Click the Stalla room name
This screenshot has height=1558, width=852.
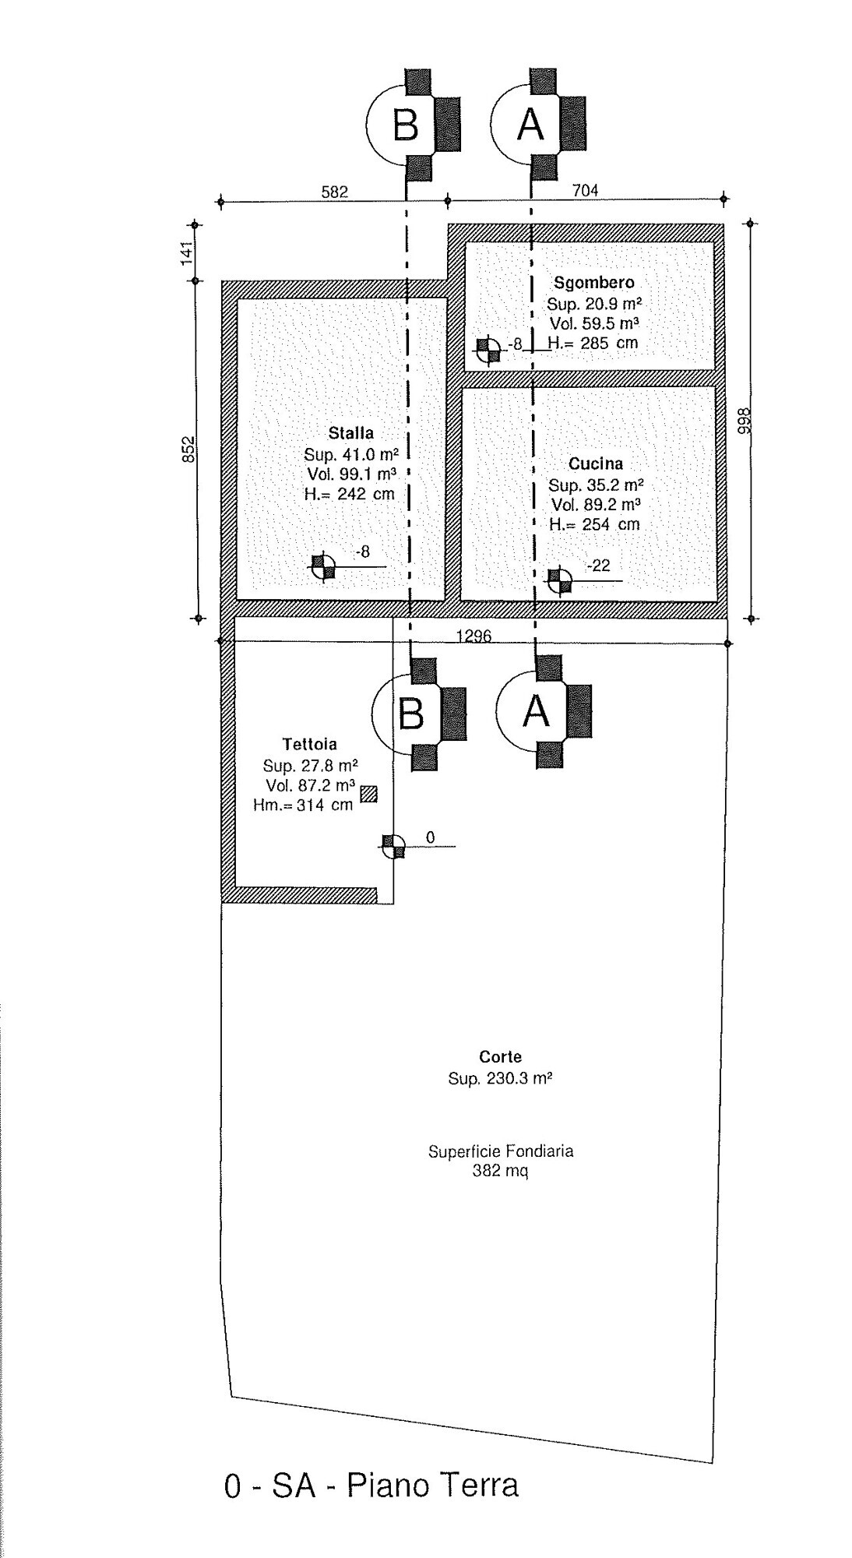tap(350, 433)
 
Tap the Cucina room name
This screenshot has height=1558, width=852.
tap(596, 464)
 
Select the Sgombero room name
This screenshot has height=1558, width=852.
tap(594, 283)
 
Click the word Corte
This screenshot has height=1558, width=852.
tap(500, 1057)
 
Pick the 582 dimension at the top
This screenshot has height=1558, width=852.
tap(335, 192)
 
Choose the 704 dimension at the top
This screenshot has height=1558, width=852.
tap(585, 190)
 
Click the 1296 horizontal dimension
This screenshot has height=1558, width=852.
tap(474, 636)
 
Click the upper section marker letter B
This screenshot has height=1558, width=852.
tap(406, 124)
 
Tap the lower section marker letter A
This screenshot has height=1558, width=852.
tap(536, 710)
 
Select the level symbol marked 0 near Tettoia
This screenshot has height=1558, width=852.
tap(394, 846)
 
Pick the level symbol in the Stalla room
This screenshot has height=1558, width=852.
tap(322, 566)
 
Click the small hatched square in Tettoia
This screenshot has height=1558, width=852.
tap(368, 794)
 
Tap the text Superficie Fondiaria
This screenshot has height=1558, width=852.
tap(501, 1151)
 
